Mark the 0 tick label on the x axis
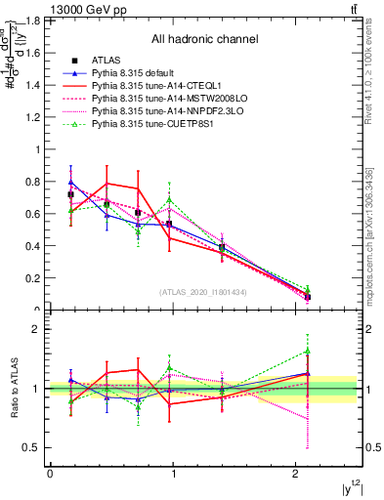pos(50,473)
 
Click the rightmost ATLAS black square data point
pos(308,296)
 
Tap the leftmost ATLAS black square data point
pos(70,194)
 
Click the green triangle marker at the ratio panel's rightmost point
pos(308,351)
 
